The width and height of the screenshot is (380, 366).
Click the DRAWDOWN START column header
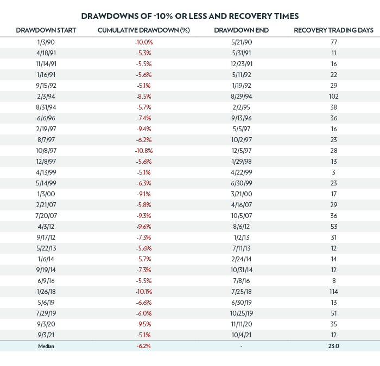[x=46, y=30]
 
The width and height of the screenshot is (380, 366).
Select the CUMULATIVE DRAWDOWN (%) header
[x=144, y=30]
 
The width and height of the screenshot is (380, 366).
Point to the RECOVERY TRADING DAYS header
[x=333, y=30]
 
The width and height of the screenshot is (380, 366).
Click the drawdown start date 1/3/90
[x=46, y=42]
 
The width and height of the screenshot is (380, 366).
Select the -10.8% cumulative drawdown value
[x=144, y=150]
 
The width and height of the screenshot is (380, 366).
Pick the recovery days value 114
[x=333, y=291]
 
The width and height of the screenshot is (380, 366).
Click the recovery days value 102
[x=333, y=96]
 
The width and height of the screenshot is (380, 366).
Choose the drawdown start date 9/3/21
[x=46, y=335]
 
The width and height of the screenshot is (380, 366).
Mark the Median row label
[x=46, y=346]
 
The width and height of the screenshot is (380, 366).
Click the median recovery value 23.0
[x=333, y=346]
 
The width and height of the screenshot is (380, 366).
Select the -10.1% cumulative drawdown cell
[x=144, y=291]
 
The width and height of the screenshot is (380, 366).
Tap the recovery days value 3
[x=333, y=172]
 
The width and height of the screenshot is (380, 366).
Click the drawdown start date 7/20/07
[x=46, y=215]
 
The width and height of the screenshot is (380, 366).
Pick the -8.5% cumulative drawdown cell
[x=144, y=96]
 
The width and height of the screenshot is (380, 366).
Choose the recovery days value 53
[x=333, y=226]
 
